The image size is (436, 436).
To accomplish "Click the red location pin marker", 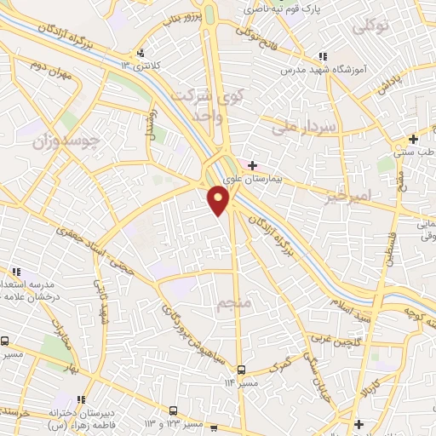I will point(219,200).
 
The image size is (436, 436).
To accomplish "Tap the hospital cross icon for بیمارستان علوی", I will point(252,164).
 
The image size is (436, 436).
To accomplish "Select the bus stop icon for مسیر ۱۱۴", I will point(242,369).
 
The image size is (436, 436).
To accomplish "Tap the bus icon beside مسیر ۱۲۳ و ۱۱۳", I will point(173,410).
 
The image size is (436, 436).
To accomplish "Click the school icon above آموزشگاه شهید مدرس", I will point(321,54).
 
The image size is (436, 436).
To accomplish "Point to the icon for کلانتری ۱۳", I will point(152,50).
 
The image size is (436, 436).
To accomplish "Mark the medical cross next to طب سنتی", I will point(412,139).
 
